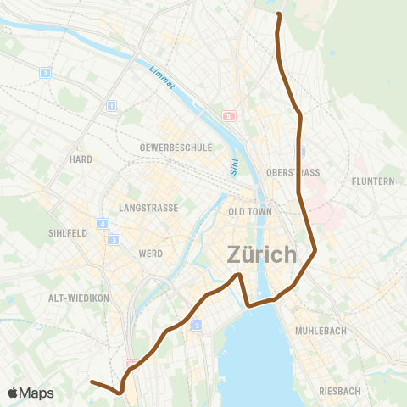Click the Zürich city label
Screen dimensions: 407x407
262,254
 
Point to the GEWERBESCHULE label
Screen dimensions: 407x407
176,147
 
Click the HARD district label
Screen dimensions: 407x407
81,159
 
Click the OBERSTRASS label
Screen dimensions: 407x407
293,172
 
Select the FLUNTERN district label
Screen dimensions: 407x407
373,181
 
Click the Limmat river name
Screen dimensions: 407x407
160,81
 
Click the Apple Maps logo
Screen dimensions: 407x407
31,393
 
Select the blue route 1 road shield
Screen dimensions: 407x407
111,105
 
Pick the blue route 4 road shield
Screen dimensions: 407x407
103,224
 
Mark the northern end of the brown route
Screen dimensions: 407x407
278,14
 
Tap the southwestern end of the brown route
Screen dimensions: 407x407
92,382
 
